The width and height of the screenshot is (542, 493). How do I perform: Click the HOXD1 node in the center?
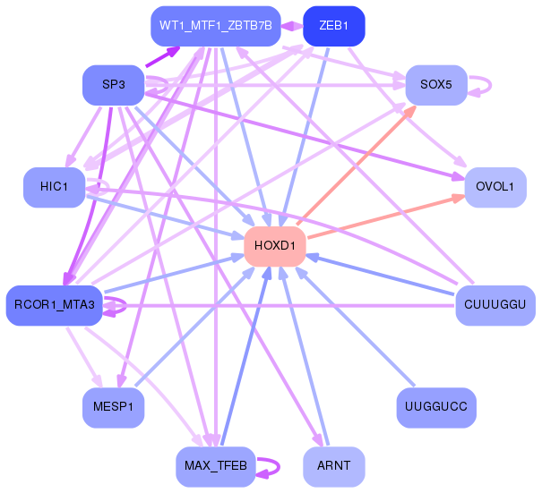(275, 246)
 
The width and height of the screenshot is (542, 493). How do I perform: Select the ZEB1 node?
(333, 25)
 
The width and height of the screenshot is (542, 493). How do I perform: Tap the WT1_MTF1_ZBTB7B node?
(215, 25)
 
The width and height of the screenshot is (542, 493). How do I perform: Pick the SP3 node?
(113, 85)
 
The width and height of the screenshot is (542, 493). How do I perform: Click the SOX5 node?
(436, 85)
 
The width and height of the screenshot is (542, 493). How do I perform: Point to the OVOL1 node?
(495, 187)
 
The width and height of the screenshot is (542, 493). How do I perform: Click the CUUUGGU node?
(495, 306)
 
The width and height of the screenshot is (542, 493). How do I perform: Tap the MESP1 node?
(113, 408)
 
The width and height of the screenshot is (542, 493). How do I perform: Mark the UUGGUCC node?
(436, 408)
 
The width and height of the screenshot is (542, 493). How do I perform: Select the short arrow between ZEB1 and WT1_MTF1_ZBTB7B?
(292, 26)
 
